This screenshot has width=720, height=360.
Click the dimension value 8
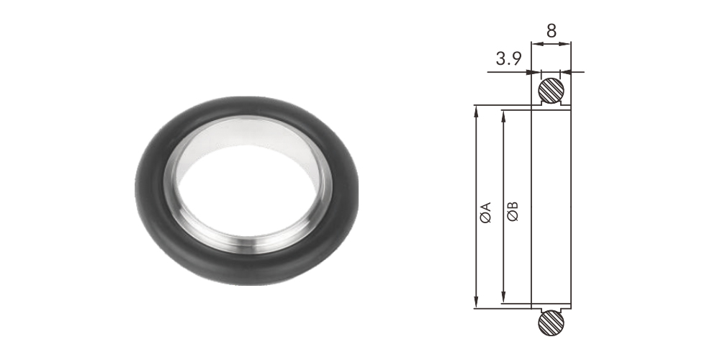click(x=552, y=31)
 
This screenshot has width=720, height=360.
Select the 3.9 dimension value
click(x=509, y=59)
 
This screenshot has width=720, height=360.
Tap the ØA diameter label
click(x=486, y=212)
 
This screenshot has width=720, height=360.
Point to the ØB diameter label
click(x=513, y=211)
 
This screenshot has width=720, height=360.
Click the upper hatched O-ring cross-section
click(x=551, y=90)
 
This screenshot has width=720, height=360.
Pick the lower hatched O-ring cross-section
click(x=551, y=323)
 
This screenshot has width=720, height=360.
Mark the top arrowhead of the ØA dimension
click(x=477, y=111)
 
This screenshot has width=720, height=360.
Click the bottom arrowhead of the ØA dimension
click(x=477, y=302)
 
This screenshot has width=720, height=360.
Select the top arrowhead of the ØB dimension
click(x=504, y=116)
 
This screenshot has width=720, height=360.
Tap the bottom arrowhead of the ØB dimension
click(x=504, y=297)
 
